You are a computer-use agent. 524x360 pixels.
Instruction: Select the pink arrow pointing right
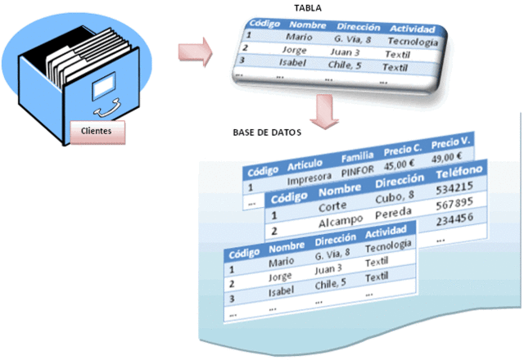(x=195, y=56)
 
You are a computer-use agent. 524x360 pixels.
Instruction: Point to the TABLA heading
(x=307, y=7)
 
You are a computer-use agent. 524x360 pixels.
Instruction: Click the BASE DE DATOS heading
(x=268, y=132)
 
